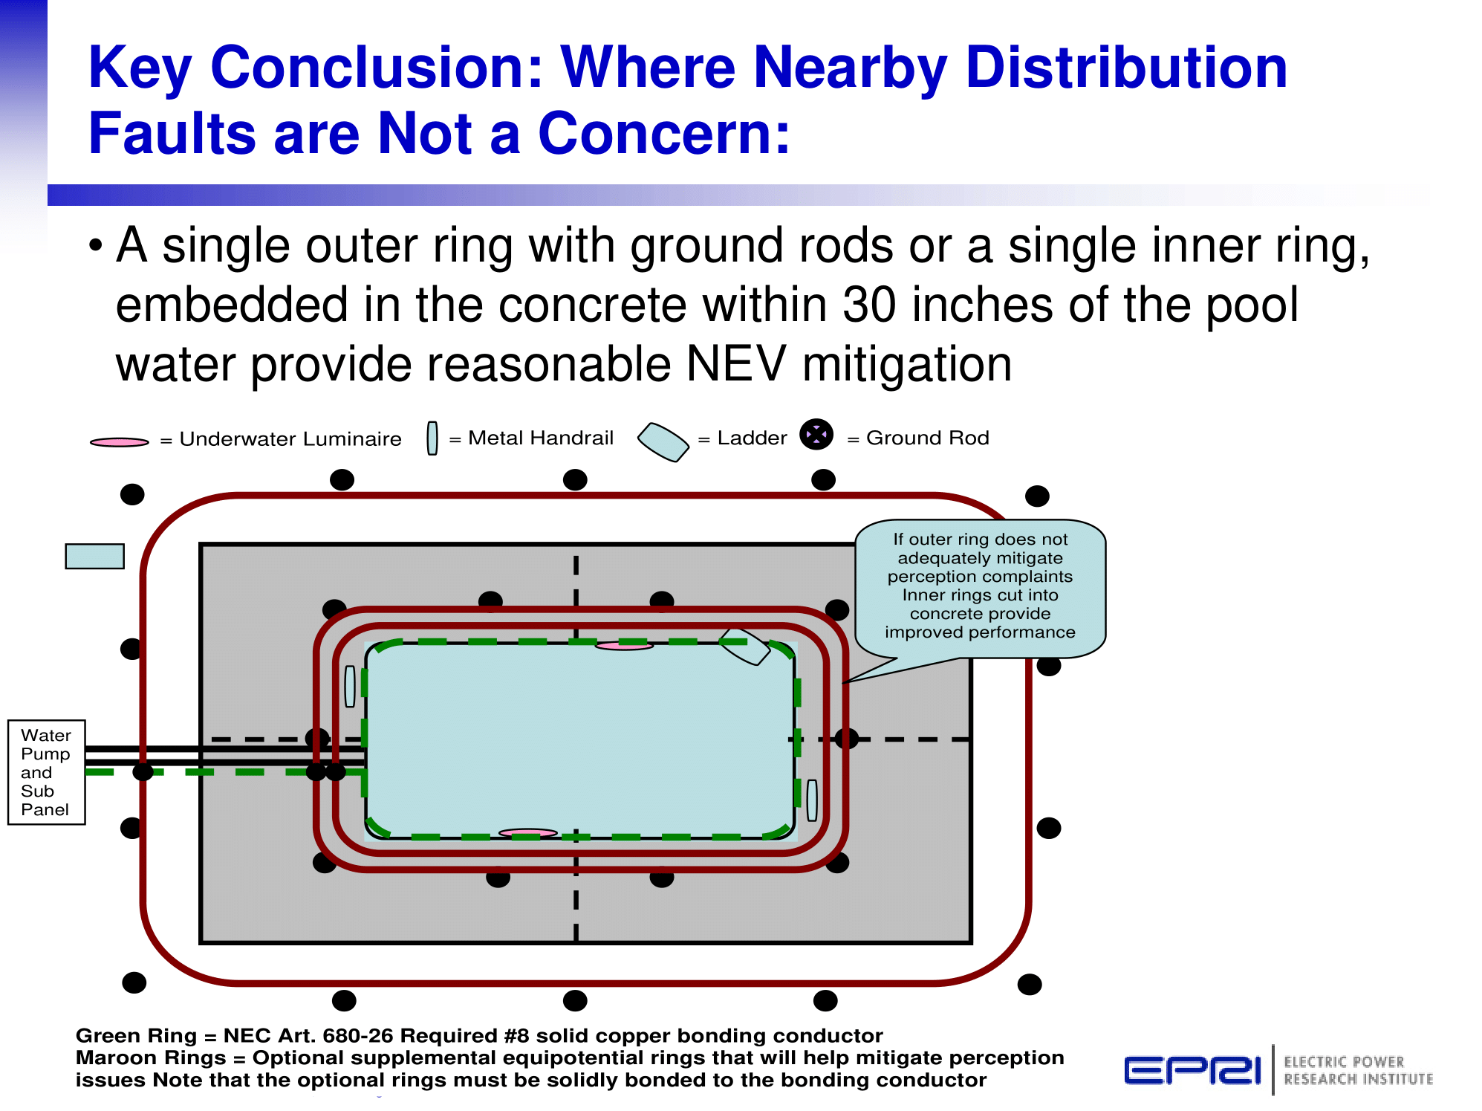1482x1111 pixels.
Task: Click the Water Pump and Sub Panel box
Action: point(46,772)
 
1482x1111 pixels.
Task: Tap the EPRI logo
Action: point(1192,1070)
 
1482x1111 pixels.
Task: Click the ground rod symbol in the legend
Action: point(816,435)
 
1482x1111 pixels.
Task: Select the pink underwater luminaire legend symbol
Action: point(119,442)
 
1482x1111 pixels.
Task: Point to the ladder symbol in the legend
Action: point(663,441)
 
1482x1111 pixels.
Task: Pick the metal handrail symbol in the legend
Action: point(432,438)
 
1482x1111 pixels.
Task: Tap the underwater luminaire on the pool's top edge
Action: point(624,646)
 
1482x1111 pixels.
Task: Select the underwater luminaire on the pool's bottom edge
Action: point(527,833)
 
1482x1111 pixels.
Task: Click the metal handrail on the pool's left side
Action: point(350,686)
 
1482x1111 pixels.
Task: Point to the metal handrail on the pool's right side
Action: point(812,800)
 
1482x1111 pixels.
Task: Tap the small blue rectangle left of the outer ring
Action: point(94,556)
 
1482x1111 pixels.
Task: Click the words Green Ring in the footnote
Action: point(136,1036)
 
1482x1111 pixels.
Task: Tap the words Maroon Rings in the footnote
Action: point(151,1057)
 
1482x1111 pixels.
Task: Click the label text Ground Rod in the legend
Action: point(928,438)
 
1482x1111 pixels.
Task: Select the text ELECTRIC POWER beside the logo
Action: point(1344,1062)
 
